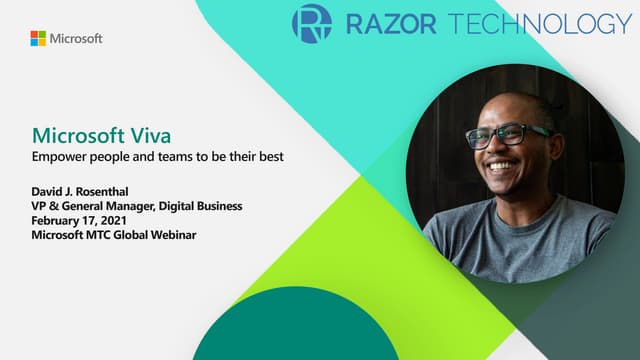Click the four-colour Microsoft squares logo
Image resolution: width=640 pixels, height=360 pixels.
click(38, 38)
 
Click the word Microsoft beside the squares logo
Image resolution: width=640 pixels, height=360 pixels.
click(76, 38)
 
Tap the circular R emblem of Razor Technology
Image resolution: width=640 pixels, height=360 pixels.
click(312, 23)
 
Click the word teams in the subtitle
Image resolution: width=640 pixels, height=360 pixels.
click(177, 158)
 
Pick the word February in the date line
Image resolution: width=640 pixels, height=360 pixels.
click(58, 220)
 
